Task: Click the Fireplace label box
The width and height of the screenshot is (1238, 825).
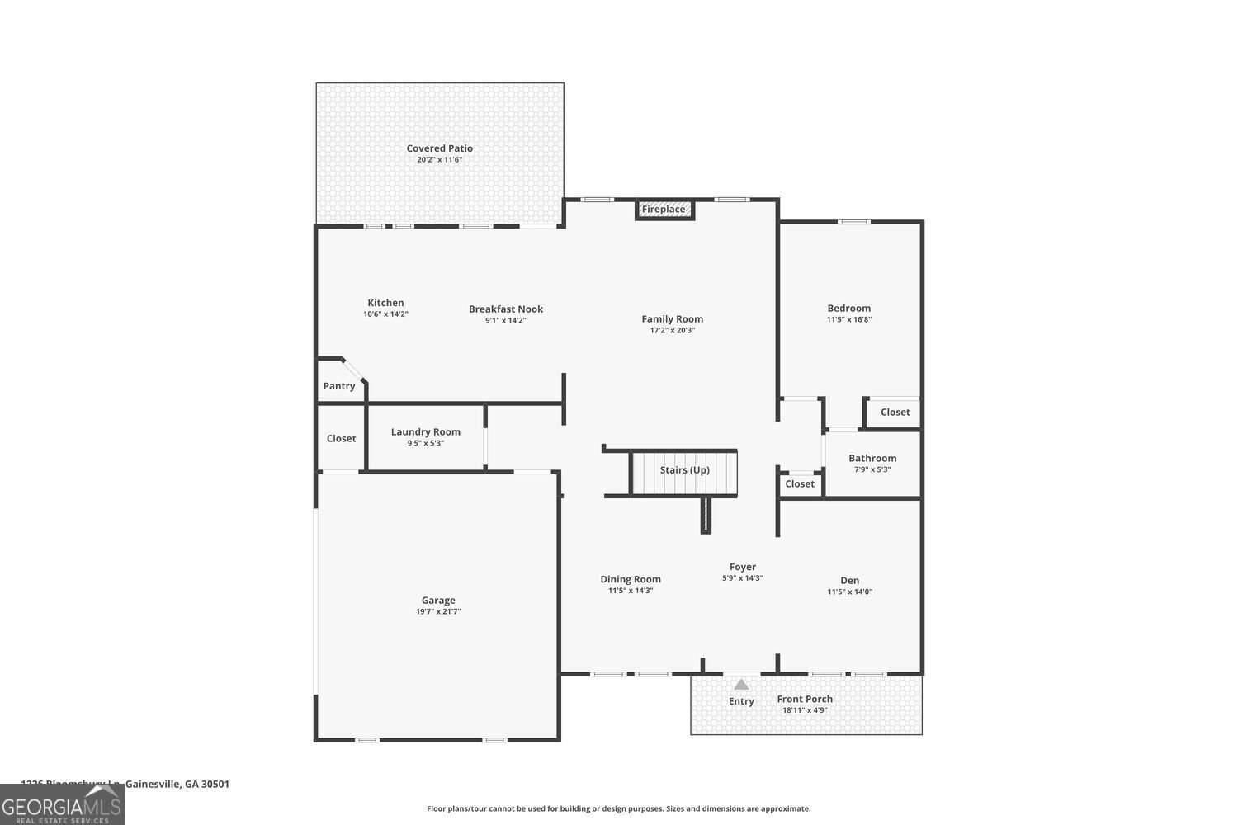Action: [x=664, y=210]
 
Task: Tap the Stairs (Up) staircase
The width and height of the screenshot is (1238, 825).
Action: [x=684, y=472]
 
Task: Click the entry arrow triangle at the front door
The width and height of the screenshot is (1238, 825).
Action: [x=741, y=684]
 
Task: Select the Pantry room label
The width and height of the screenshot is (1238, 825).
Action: [x=339, y=386]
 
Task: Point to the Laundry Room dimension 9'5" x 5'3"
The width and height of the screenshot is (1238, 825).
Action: [x=426, y=443]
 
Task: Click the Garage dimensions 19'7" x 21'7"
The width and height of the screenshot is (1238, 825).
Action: [x=438, y=612]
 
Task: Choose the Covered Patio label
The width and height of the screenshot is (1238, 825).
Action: [x=439, y=148]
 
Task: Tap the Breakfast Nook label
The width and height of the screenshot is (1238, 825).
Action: [x=506, y=309]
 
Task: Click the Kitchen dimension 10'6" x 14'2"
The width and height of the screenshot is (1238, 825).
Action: [x=385, y=314]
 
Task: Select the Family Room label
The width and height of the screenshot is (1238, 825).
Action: [x=673, y=319]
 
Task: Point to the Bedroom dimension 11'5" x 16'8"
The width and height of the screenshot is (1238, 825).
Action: [x=849, y=319]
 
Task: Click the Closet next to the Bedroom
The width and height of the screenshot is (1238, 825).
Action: [x=895, y=412]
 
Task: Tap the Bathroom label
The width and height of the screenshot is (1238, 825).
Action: [x=872, y=459]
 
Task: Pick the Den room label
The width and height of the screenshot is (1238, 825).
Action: [x=850, y=581]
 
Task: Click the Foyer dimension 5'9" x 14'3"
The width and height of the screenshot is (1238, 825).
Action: [x=743, y=578]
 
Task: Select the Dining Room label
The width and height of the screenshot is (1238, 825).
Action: [x=631, y=579]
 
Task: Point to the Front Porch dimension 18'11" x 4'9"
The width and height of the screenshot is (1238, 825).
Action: [x=805, y=710]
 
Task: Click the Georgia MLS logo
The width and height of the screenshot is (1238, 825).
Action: [x=62, y=804]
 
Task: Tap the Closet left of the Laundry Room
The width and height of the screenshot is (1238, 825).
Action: [x=341, y=439]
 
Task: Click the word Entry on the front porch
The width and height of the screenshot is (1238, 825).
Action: [x=741, y=702]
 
